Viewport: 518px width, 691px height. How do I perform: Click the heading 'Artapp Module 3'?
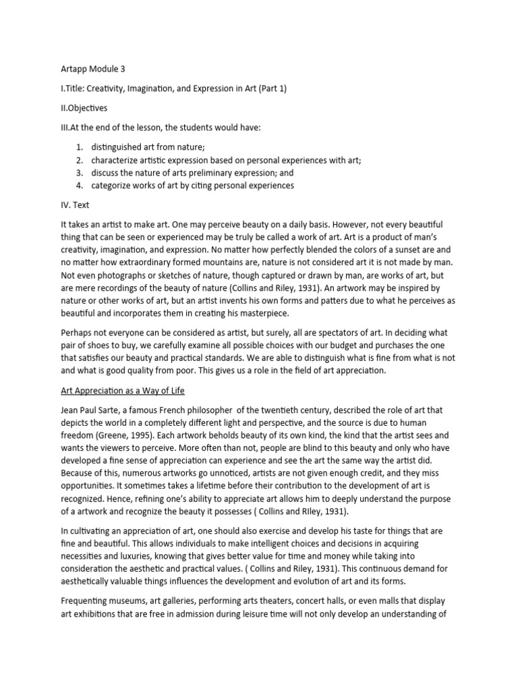coord(89,69)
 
